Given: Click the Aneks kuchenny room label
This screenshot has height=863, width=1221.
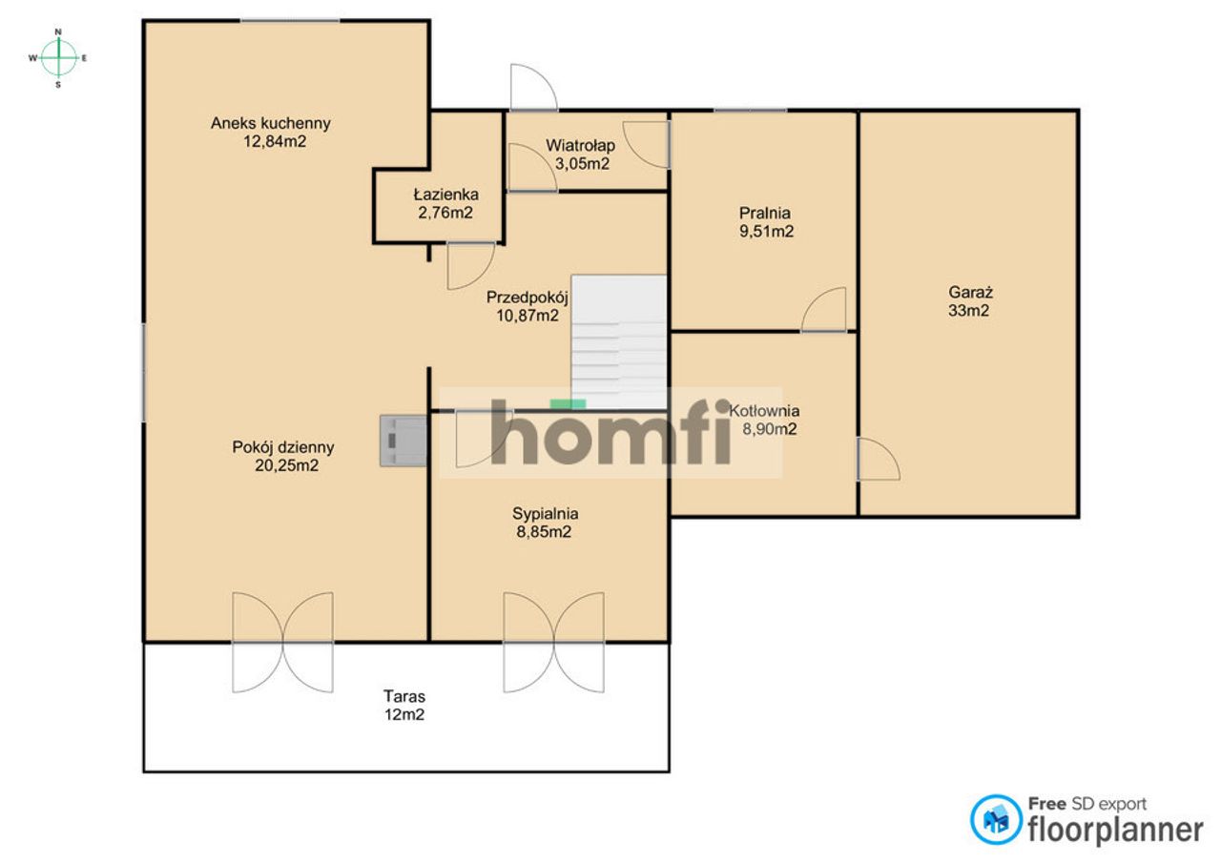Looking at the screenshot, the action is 270,123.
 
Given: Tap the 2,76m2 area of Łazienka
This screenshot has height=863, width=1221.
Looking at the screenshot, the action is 445,213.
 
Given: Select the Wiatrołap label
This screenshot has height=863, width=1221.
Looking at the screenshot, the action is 580,146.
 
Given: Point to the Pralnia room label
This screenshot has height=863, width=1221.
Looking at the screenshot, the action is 764,213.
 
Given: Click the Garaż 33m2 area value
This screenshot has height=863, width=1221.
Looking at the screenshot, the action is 968,310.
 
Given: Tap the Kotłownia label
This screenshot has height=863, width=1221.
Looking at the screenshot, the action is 764,410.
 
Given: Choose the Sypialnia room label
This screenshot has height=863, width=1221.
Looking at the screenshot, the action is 545,513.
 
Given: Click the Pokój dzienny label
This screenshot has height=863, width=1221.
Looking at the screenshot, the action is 283,447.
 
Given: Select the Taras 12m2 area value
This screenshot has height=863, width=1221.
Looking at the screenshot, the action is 404,714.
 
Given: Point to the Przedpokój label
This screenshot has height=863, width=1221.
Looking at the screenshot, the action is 528,298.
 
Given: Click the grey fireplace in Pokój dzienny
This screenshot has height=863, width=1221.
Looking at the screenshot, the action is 404,441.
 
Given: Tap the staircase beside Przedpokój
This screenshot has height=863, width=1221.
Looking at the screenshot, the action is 619,342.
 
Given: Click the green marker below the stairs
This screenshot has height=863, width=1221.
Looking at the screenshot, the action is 568,403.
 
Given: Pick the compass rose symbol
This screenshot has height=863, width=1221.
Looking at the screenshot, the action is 58,58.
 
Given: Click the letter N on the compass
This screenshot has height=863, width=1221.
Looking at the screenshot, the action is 58,31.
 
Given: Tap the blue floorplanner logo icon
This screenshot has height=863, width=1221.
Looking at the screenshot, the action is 995,820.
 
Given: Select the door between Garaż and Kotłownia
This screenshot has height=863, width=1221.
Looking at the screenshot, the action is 879,459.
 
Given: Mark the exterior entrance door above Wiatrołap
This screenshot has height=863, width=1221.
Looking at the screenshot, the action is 533,87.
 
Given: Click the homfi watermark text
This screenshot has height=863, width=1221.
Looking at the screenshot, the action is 610,433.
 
